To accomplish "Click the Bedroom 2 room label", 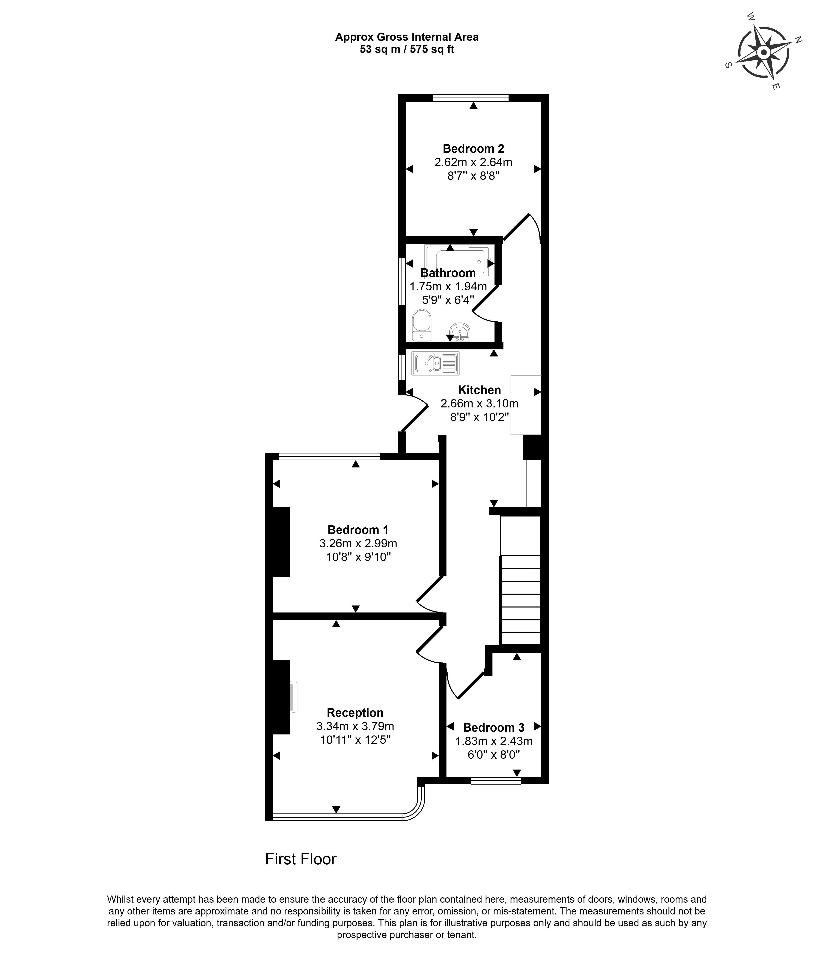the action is (473, 149).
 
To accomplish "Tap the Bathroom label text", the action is (448, 273).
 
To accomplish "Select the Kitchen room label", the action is (479, 390).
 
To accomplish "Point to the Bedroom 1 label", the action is (358, 530).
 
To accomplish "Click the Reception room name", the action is (355, 713).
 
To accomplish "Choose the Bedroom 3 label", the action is (493, 728).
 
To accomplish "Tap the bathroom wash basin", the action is (460, 332).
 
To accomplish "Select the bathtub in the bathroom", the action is (459, 261).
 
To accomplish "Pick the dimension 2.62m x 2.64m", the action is (473, 162).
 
